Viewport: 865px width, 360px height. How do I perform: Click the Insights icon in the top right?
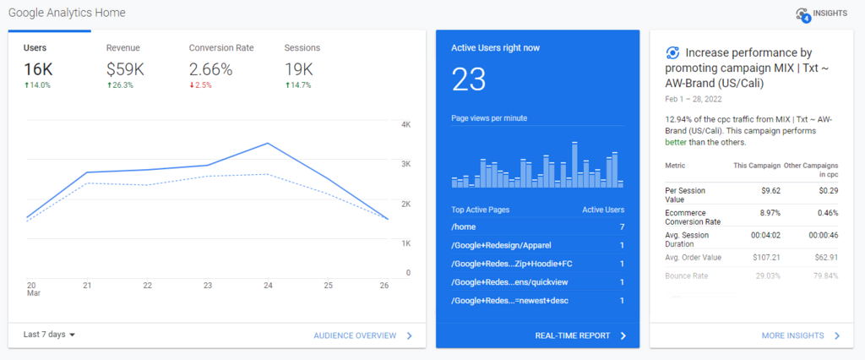pos(802,14)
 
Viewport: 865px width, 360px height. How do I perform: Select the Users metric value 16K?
pos(38,68)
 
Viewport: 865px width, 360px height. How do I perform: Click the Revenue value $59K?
pos(124,68)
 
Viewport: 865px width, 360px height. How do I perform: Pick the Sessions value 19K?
pos(299,68)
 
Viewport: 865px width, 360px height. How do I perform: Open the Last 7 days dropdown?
pos(50,335)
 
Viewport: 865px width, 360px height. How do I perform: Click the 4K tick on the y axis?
pos(405,125)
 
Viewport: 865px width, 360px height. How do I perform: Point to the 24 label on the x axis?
pos(267,286)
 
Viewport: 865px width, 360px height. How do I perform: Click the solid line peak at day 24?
pos(268,144)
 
